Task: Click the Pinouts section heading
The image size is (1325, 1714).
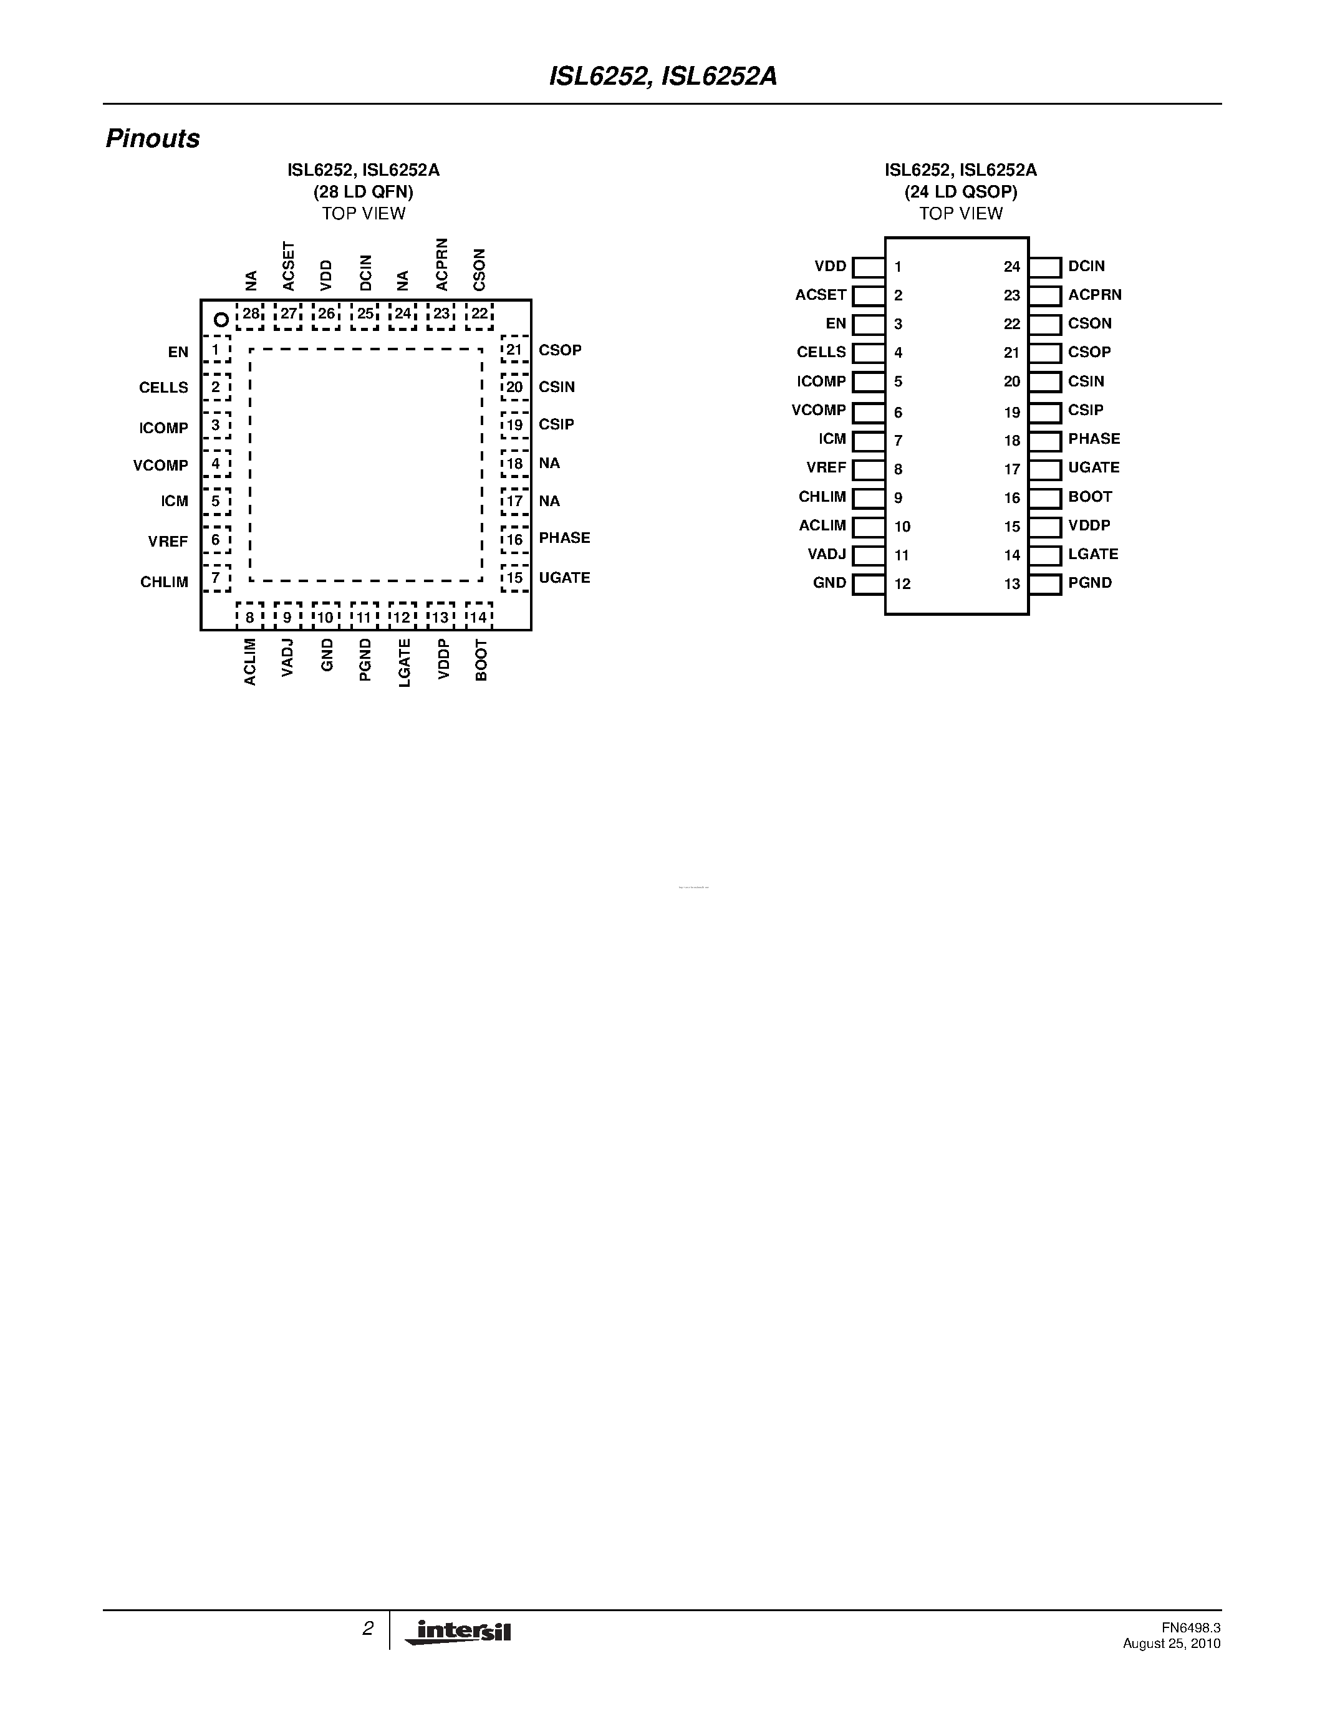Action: coord(152,139)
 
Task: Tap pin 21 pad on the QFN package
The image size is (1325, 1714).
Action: coord(514,349)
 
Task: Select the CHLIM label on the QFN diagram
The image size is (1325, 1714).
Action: coord(164,582)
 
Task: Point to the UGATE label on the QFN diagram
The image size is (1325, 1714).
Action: coord(564,578)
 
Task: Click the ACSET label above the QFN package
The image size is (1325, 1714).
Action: coord(288,266)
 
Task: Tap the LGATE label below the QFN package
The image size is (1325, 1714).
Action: coord(404,663)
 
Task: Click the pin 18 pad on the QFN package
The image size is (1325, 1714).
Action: coord(514,463)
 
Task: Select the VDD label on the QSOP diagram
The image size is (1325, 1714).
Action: coord(831,266)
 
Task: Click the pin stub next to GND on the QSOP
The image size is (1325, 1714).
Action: coord(868,584)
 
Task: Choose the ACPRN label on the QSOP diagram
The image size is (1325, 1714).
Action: coord(1094,295)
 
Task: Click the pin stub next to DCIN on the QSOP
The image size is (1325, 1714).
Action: coord(1045,267)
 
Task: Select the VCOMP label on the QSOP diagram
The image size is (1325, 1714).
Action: coord(819,409)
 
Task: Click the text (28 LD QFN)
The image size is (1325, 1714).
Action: coord(364,191)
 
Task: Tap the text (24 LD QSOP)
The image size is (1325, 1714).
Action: coord(961,191)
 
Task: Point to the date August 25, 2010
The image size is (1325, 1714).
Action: coord(1171,1644)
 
